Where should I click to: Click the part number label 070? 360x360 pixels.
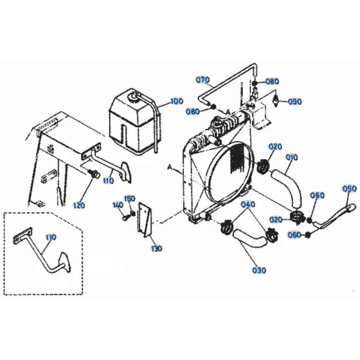[203, 80]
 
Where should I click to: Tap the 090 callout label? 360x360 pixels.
[295, 102]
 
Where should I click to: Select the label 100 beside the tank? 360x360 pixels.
[176, 102]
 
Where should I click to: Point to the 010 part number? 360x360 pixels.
[291, 156]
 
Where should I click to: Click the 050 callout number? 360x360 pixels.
[349, 189]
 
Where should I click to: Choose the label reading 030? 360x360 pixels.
[258, 271]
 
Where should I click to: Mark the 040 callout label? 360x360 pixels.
[248, 204]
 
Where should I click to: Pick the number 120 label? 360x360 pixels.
[78, 187]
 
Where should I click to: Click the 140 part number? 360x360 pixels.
[117, 205]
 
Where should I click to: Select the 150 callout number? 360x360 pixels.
[129, 198]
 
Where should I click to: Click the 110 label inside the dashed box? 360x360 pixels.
[51, 237]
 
